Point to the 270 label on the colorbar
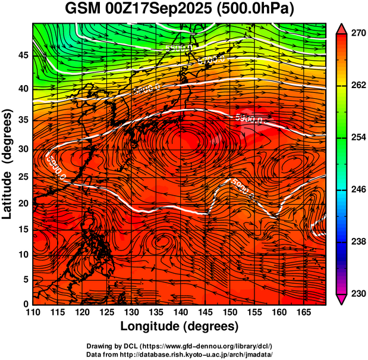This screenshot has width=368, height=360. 357,33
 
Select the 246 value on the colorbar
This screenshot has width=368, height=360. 357,190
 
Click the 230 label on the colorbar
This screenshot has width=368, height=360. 357,294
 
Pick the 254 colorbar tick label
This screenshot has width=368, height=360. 357,137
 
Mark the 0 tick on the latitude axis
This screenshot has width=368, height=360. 26,304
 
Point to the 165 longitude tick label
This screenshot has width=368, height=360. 302,312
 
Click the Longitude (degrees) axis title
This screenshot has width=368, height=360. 180,326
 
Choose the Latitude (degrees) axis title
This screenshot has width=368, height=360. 8,164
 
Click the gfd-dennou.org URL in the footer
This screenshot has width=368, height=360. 205,346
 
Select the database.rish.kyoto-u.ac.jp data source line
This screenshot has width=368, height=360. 180,354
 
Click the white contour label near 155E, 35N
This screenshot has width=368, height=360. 249,118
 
